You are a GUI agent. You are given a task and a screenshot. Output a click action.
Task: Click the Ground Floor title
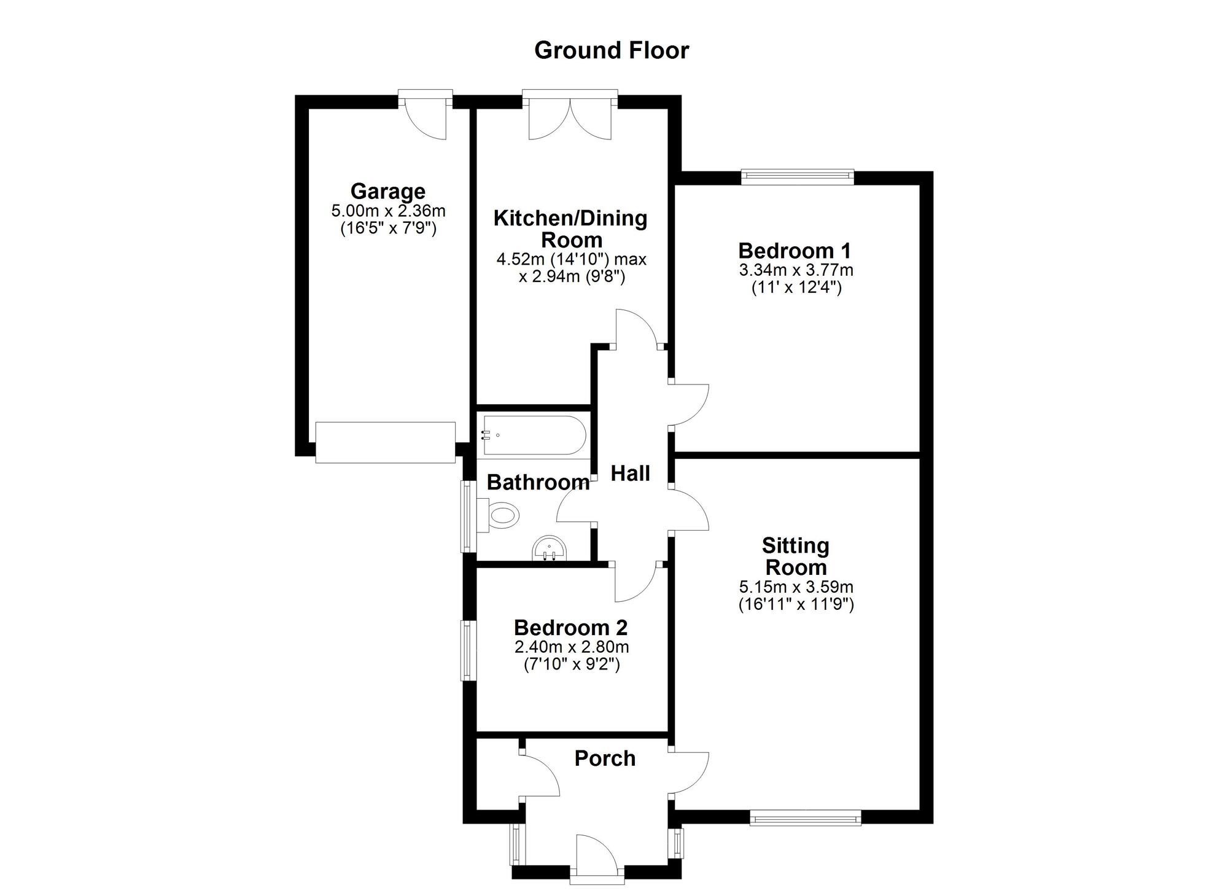612,50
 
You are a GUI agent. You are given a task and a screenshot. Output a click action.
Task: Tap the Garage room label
387,192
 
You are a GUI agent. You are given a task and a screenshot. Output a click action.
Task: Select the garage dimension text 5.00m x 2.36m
388,211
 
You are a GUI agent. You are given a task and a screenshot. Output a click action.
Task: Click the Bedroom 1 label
795,251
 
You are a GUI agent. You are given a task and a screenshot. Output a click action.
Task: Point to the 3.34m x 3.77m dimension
796,270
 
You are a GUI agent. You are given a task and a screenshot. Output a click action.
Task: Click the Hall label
631,474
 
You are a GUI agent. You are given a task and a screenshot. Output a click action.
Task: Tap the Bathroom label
538,483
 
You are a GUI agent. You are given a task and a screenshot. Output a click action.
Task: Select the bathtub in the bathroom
534,435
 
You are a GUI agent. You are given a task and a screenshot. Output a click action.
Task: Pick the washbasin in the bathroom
549,548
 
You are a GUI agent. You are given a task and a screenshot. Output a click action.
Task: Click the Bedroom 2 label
570,628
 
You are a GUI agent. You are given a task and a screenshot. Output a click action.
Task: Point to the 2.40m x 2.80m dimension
572,647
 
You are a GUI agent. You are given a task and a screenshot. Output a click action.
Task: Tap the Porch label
605,758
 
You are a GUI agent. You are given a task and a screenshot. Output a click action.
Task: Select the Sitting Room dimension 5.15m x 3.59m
796,587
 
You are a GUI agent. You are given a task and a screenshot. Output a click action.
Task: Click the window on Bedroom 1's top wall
798,177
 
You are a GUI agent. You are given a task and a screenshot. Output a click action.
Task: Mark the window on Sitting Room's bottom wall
805,817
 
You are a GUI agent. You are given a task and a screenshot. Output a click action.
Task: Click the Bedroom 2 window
468,650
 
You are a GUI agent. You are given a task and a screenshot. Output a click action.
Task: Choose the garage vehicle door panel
386,442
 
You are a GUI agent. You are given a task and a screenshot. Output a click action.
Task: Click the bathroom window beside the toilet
468,516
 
